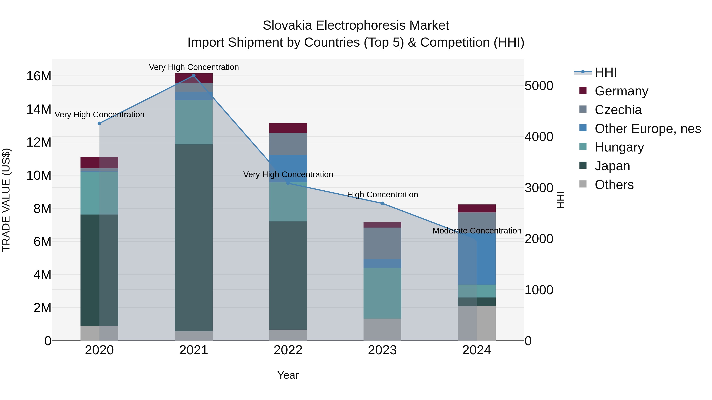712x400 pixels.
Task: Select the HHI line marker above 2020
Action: tap(99, 123)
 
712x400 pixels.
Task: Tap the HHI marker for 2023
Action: tap(382, 203)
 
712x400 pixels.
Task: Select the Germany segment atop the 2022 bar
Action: tap(288, 128)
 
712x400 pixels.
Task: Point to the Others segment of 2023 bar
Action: tap(382, 330)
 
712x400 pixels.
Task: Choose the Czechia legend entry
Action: tap(618, 110)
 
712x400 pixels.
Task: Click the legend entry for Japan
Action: tap(612, 166)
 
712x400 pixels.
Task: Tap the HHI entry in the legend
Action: tap(605, 72)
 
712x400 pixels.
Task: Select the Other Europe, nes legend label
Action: tap(648, 129)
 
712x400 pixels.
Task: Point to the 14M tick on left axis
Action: tap(39, 109)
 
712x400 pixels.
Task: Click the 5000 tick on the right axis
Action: tap(539, 86)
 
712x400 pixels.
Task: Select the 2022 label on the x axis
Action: tap(288, 350)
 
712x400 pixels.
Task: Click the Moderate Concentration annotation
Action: tap(477, 231)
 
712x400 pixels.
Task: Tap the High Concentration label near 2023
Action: tap(382, 195)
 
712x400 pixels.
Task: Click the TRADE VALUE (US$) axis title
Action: tap(6, 200)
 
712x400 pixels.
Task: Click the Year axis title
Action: tap(288, 375)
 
